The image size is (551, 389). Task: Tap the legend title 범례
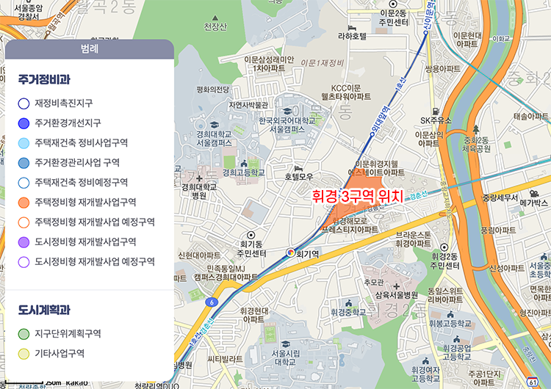(x=89, y=49)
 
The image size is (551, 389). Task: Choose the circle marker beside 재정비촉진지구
(x=24, y=103)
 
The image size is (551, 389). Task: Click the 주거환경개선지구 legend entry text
(x=68, y=123)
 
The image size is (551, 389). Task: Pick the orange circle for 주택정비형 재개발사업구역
(x=24, y=202)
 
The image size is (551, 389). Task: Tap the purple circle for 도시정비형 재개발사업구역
(x=24, y=241)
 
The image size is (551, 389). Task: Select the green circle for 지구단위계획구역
(x=24, y=334)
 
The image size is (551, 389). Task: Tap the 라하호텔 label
(x=352, y=35)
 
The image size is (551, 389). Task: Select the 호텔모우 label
(x=299, y=176)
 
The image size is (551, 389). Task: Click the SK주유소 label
(x=435, y=120)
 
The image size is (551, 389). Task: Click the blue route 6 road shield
(x=211, y=301)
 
